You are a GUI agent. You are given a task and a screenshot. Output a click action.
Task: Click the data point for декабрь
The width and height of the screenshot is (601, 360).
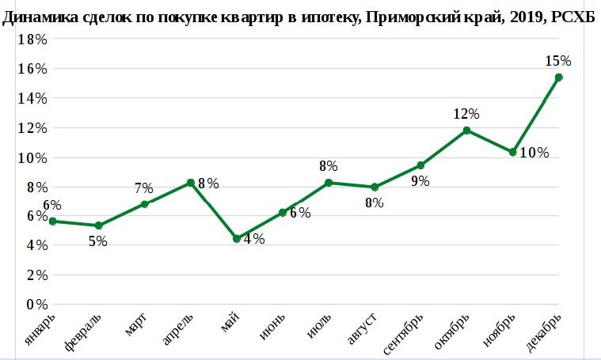pos(559,77)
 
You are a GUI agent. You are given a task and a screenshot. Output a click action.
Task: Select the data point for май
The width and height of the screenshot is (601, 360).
pos(236,238)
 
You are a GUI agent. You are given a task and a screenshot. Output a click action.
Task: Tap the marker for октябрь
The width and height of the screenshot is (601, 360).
pos(467,130)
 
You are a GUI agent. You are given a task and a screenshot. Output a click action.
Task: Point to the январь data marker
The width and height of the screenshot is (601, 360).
pos(52,222)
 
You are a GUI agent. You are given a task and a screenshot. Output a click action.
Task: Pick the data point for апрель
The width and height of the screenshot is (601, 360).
pos(191,183)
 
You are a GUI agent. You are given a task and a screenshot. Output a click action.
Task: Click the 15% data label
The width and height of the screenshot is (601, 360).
pos(558,60)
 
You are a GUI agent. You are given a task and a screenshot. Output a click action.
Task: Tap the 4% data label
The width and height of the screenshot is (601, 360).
pos(254,239)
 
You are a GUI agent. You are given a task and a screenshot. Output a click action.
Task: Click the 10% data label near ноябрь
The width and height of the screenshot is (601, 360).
pos(534,153)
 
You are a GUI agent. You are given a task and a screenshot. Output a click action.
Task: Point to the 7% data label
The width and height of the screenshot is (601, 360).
pos(143,188)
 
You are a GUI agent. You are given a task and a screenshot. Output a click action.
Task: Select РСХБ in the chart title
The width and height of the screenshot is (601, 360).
pos(576,18)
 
